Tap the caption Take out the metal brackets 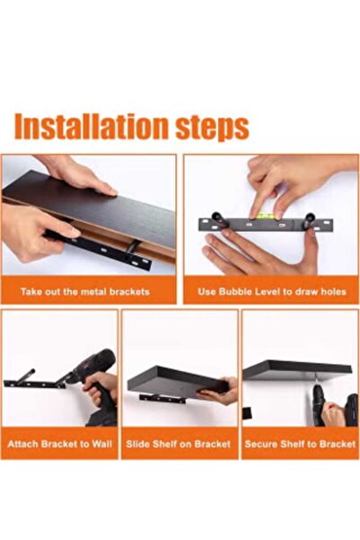[x=86, y=292]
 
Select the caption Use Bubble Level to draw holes [x=272, y=292]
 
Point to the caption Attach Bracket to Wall [x=59, y=444]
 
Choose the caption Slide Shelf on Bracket [x=180, y=444]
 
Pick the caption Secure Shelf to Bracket [x=300, y=444]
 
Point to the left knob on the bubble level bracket [x=216, y=217]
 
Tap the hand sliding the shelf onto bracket [x=221, y=393]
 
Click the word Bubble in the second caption [x=233, y=292]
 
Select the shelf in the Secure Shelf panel [x=296, y=368]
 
